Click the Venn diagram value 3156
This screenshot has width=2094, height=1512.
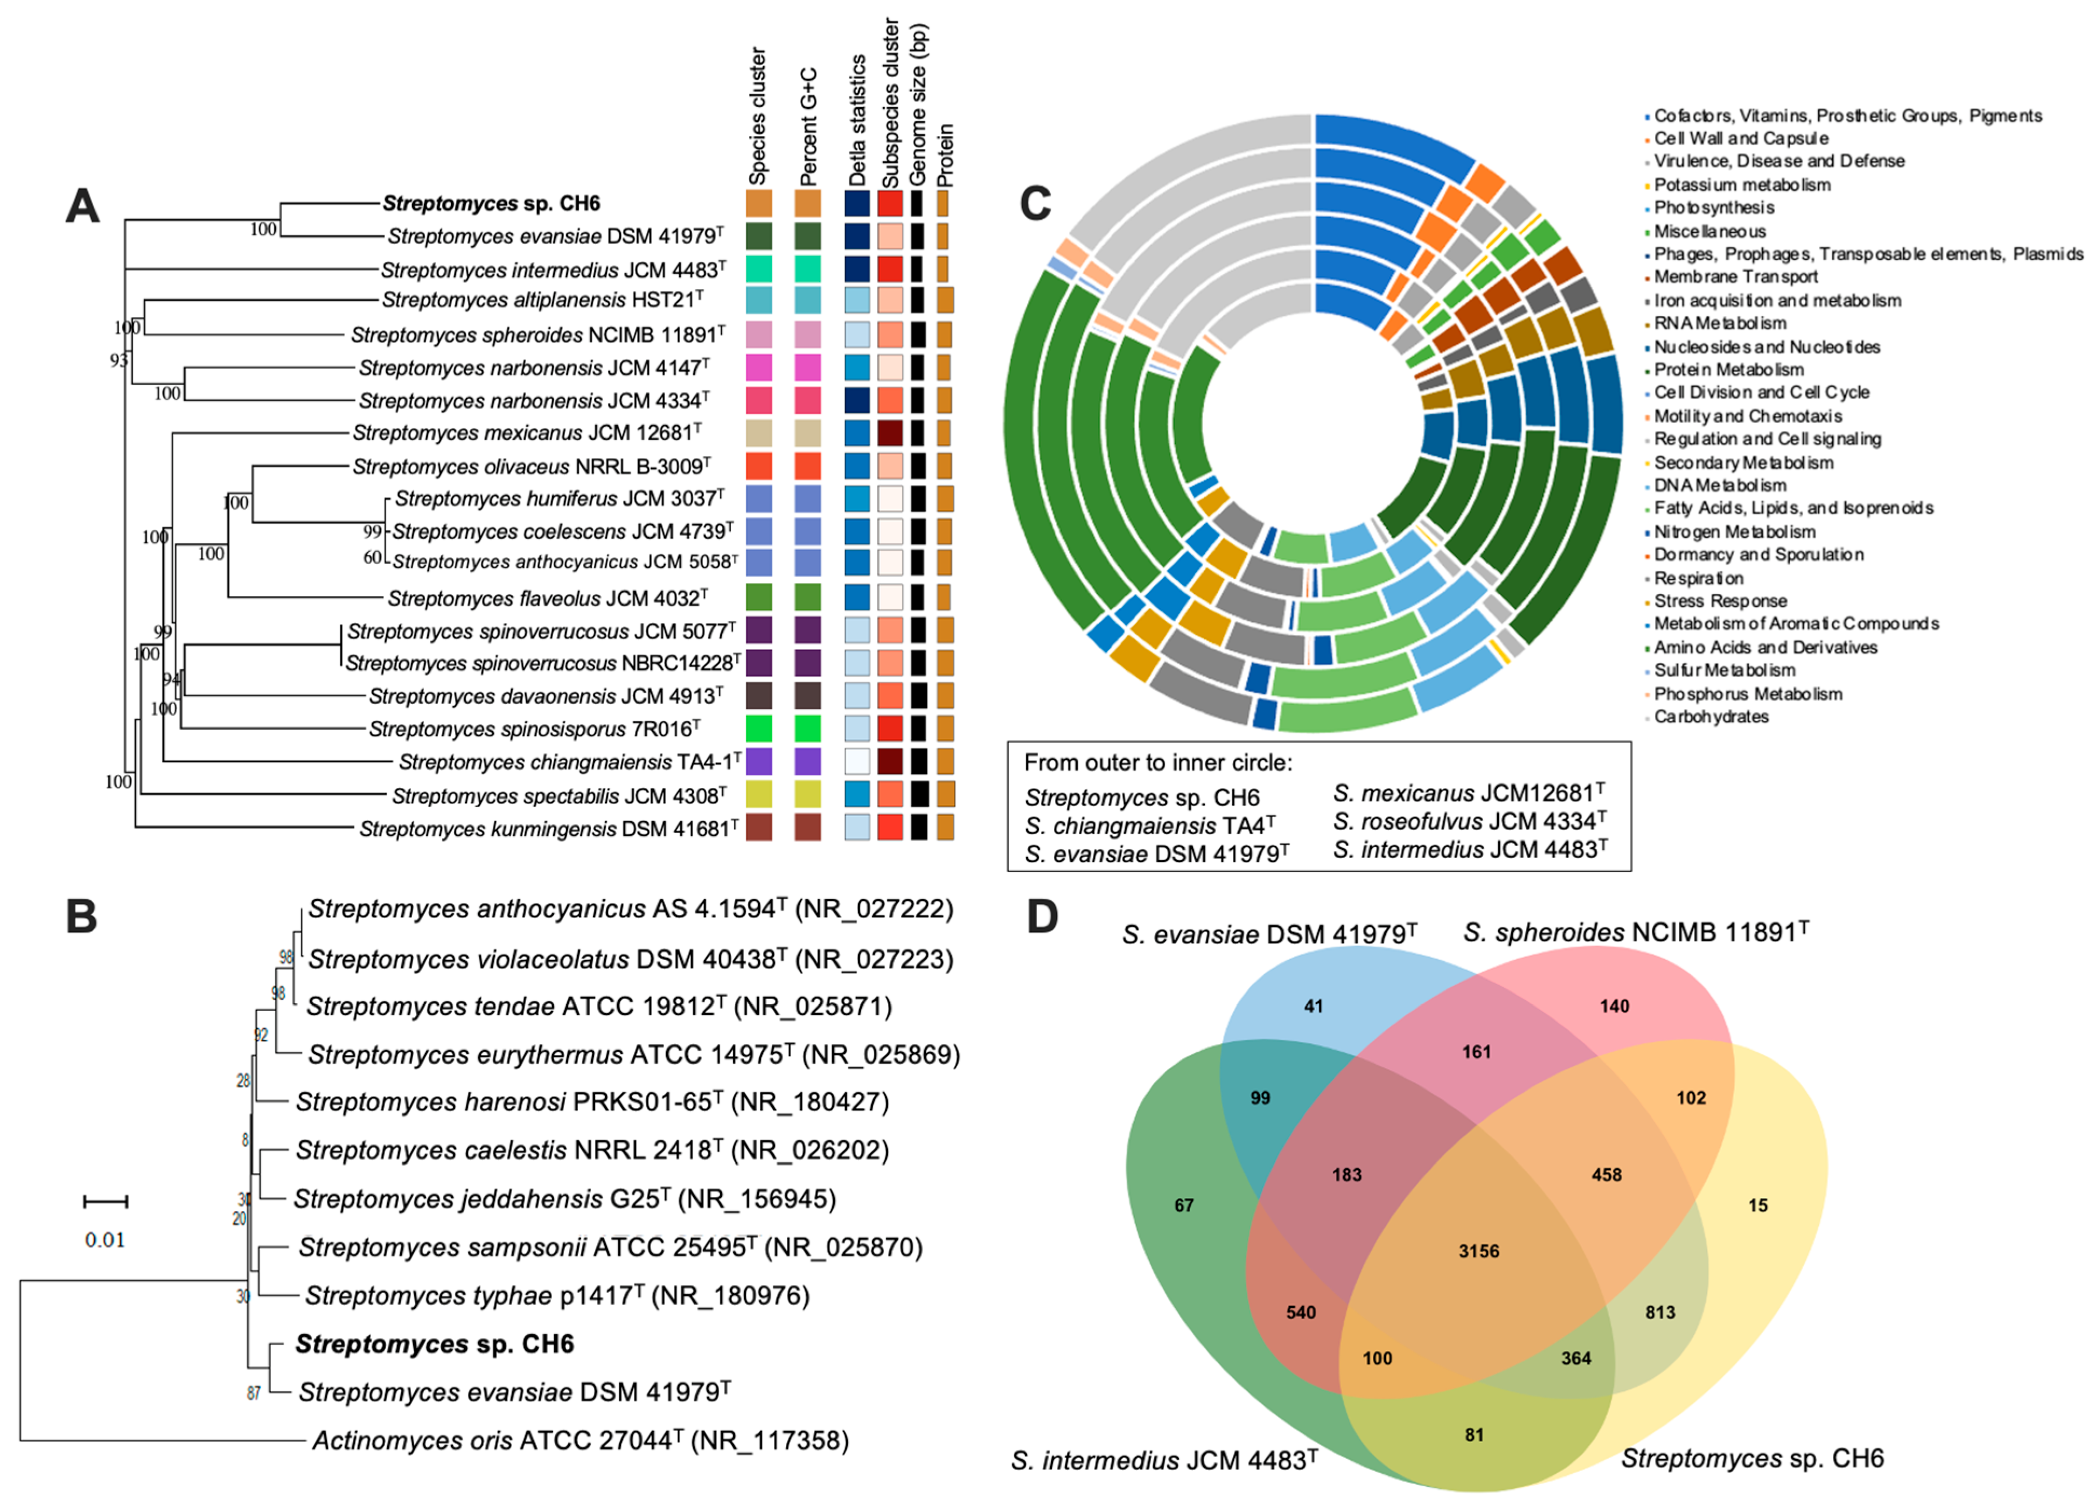pyautogui.click(x=1478, y=1251)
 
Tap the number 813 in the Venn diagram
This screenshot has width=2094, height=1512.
pyautogui.click(x=1659, y=1312)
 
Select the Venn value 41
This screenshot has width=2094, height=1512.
pyautogui.click(x=1313, y=1006)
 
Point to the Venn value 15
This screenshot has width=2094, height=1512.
pyautogui.click(x=1757, y=1204)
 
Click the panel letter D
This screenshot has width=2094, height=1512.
pyautogui.click(x=1042, y=917)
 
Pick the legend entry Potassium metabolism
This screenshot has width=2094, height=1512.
pyautogui.click(x=1741, y=185)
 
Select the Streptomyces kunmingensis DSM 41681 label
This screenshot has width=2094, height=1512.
pyautogui.click(x=548, y=829)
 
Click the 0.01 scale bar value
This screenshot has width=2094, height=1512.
pyautogui.click(x=104, y=1239)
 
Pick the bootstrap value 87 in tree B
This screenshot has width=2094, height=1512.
pyautogui.click(x=254, y=1393)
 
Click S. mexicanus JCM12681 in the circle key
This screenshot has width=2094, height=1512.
pyautogui.click(x=1468, y=793)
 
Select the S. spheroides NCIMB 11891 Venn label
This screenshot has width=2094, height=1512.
pyautogui.click(x=1635, y=932)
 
